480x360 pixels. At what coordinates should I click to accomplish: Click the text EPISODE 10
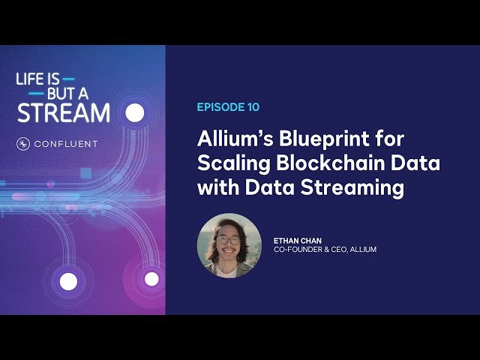[228, 107]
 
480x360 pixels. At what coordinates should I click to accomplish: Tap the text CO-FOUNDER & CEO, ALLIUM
[325, 249]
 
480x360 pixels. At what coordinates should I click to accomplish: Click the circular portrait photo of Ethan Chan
[229, 245]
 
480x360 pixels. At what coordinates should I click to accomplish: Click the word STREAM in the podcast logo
[64, 112]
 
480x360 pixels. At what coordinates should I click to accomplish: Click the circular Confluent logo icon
[23, 144]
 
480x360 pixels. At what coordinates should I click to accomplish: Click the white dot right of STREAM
[134, 112]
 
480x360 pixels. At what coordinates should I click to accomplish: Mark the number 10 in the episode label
[253, 107]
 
